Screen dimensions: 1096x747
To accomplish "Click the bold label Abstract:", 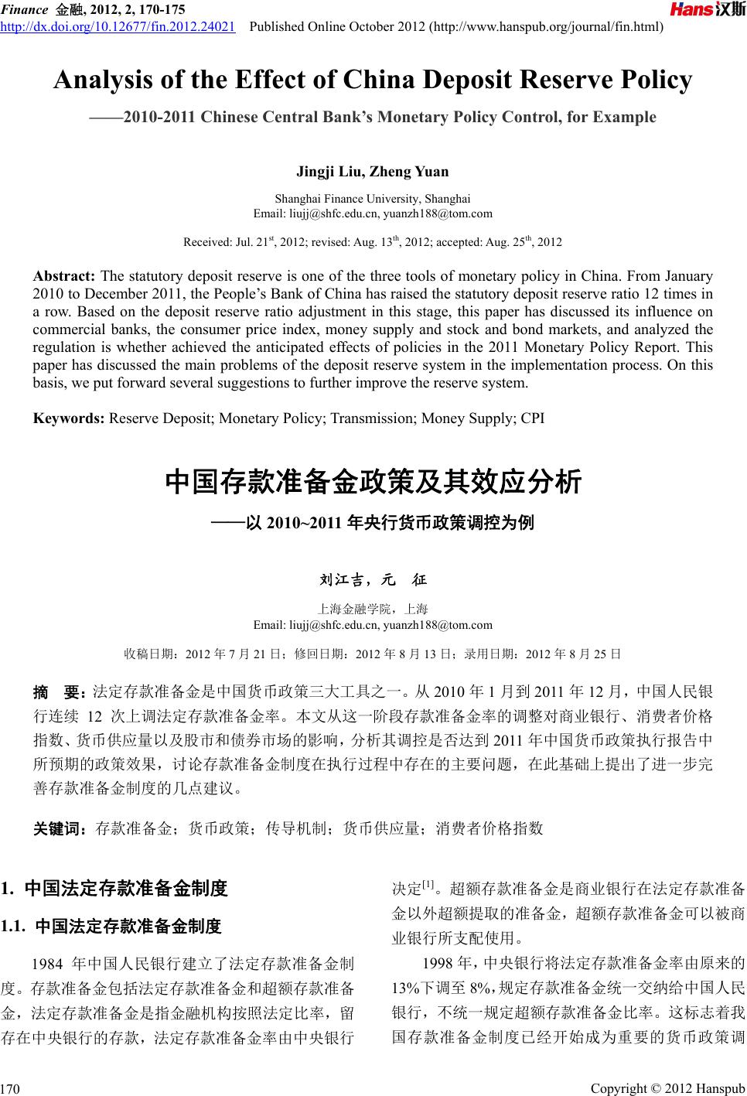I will coord(64,276).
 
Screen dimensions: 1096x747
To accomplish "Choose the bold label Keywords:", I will coord(69,418).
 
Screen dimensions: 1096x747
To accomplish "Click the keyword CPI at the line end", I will coord(533,418).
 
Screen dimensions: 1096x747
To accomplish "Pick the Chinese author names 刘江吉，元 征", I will coord(373,579).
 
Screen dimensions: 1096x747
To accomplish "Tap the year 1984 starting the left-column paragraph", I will coord(43,964).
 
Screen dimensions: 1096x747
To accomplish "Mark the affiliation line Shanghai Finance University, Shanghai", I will coord(373,199).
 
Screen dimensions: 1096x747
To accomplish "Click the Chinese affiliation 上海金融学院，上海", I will coord(373,609).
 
